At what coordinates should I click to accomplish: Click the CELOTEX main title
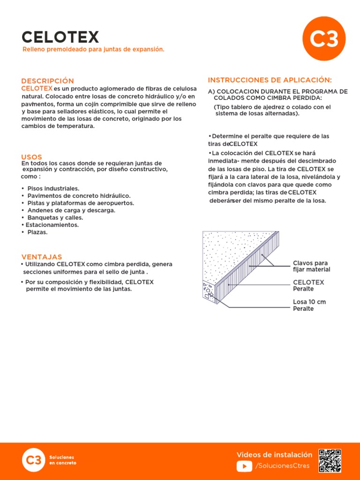pyautogui.click(x=60, y=37)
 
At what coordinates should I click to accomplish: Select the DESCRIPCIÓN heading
pyautogui.click(x=48, y=81)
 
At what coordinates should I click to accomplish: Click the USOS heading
pyautogui.click(x=32, y=157)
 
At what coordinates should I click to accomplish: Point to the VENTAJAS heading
pyautogui.click(x=42, y=257)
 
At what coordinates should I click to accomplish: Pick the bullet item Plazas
pyautogui.click(x=37, y=232)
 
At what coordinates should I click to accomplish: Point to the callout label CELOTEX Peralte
pyautogui.click(x=308, y=285)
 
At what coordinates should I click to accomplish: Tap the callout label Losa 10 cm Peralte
pyautogui.click(x=309, y=305)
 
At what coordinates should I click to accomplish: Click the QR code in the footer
pyautogui.click(x=330, y=461)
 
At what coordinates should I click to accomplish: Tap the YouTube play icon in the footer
pyautogui.click(x=244, y=465)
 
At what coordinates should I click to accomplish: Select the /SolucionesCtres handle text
pyautogui.click(x=283, y=465)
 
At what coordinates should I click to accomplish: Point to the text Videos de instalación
pyautogui.click(x=274, y=455)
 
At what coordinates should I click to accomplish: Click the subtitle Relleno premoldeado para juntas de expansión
pyautogui.click(x=94, y=49)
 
